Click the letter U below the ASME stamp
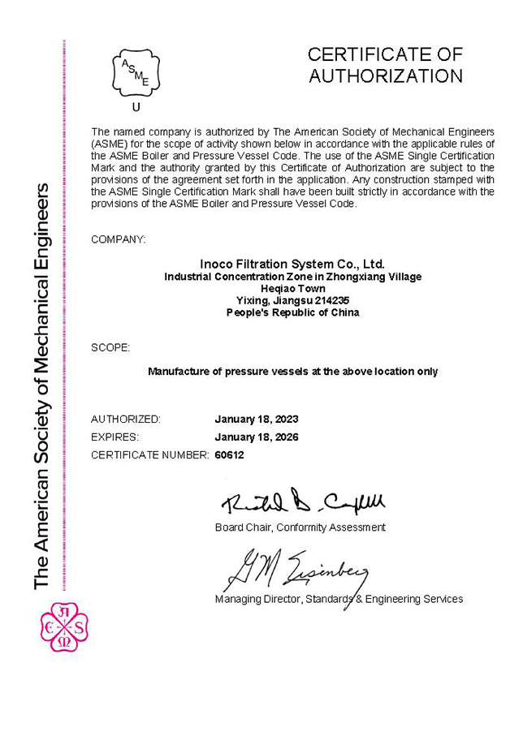tap(136, 106)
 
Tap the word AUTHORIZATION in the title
tap(386, 77)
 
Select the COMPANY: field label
tap(119, 239)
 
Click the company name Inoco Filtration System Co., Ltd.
tap(292, 264)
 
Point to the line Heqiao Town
tap(292, 288)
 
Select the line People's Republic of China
tap(292, 312)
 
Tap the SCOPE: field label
tap(110, 347)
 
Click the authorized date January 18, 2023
tap(256, 420)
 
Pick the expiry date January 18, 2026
tap(256, 437)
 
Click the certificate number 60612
tap(229, 455)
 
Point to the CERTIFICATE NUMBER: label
tap(149, 455)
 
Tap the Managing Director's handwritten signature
tap(296, 568)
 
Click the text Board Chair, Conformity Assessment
tap(300, 527)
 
